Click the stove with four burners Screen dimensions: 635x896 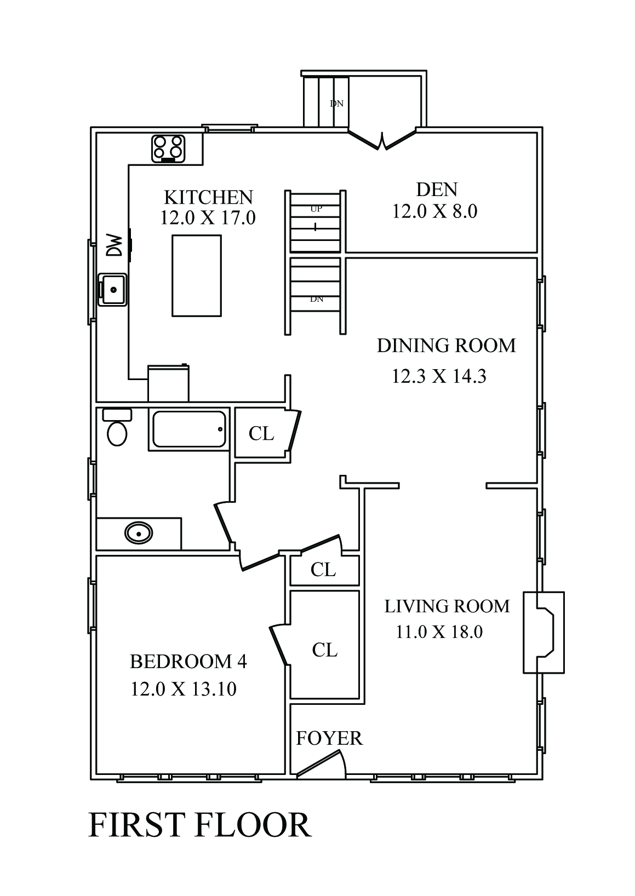[x=168, y=149]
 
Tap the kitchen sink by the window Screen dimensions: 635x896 [x=112, y=290]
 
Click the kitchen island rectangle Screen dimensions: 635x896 [x=197, y=276]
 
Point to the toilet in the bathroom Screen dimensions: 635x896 [x=117, y=427]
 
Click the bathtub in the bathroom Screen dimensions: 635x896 [x=189, y=429]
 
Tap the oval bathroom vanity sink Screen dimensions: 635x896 [x=139, y=533]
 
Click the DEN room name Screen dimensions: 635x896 [x=437, y=189]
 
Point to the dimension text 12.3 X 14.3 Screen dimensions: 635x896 [x=439, y=376]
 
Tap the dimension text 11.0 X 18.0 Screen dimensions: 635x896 [x=439, y=632]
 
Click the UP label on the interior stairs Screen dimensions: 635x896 [x=316, y=209]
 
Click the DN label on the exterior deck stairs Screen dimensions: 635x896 [x=336, y=104]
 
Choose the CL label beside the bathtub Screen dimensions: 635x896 [x=261, y=433]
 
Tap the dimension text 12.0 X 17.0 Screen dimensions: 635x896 [x=208, y=219]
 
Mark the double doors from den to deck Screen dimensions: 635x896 [x=382, y=140]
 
